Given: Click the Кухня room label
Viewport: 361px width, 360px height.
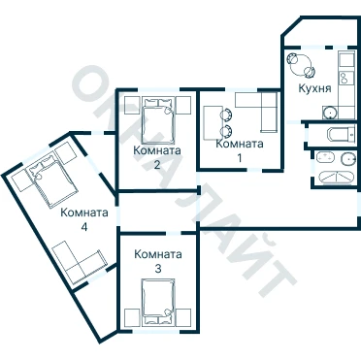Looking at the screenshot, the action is point(314,88).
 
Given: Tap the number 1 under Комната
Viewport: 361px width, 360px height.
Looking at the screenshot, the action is point(240,158).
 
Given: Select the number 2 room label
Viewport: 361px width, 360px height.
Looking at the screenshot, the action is point(157,165).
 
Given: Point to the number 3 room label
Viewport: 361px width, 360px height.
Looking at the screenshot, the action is point(158,269).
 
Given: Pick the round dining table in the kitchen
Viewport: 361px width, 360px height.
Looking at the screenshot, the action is point(300,64).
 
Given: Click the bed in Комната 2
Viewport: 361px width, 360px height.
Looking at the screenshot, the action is point(158,120).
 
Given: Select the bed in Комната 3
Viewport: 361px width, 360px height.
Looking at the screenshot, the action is point(158,302).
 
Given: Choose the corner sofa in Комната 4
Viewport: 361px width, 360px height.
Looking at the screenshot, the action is point(80,261).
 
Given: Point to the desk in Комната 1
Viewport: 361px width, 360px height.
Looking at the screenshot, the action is point(213,122).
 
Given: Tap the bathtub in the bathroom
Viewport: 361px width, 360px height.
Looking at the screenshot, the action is point(335,178).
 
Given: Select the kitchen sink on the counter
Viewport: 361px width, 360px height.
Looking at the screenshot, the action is point(344,78).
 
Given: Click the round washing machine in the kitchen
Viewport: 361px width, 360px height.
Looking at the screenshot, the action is point(330,113).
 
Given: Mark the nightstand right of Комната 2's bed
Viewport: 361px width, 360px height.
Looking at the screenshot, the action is point(183,105).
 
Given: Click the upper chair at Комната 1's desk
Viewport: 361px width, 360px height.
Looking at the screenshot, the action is point(226,114).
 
